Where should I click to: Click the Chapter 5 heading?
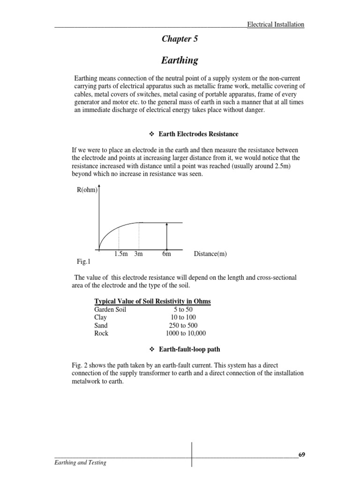point(180,39)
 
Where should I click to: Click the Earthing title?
point(180,60)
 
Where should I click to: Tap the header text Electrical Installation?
point(276,24)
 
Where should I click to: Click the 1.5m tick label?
point(120,254)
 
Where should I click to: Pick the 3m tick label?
point(138,254)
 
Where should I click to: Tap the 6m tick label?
point(166,254)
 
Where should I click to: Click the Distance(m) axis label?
point(210,254)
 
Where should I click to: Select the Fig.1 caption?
point(82,261)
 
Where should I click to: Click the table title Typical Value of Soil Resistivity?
point(152,301)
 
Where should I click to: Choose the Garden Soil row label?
point(111,309)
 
